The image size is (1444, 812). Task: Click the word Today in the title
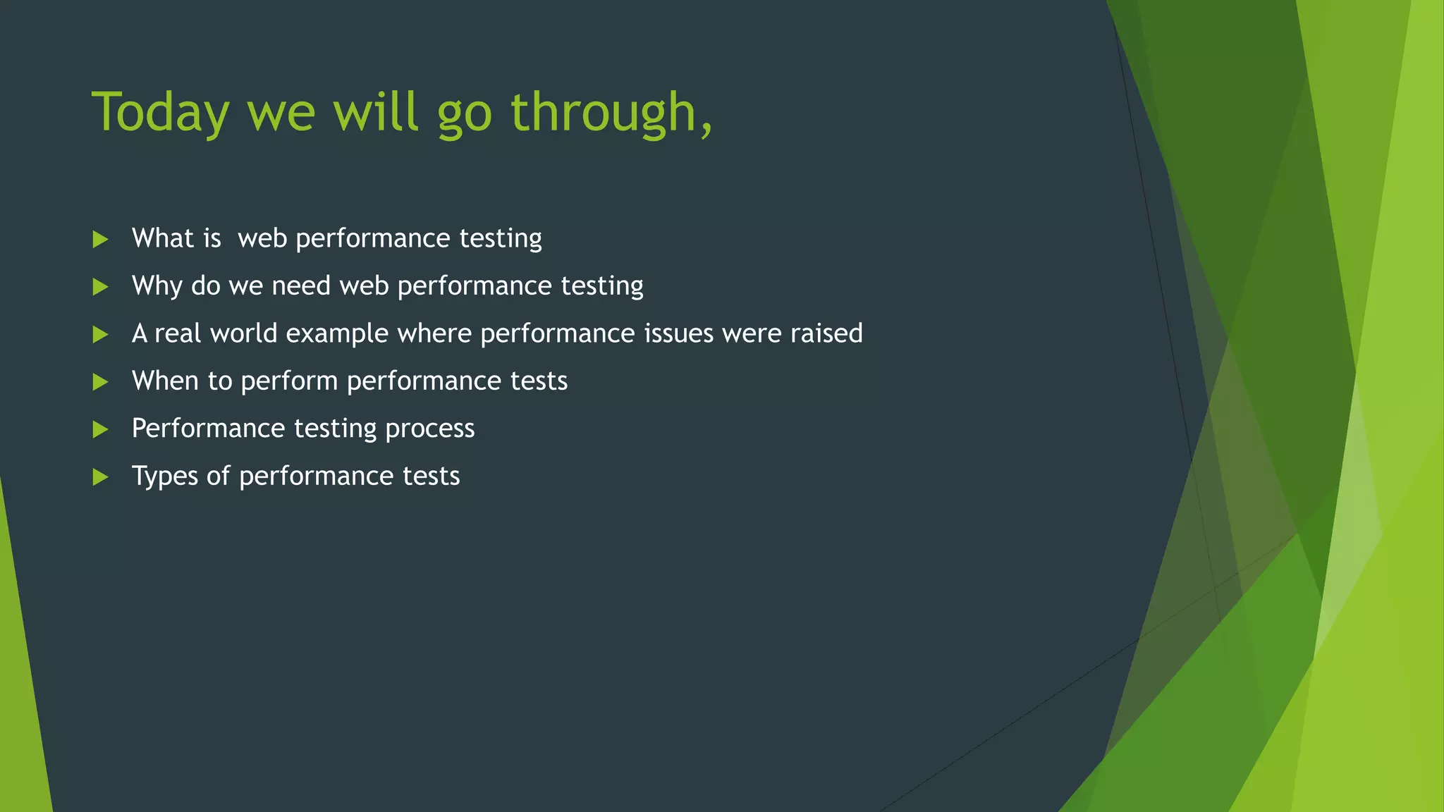pos(161,113)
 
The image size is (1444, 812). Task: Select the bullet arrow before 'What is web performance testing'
pos(100,240)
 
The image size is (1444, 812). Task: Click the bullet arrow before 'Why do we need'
pos(100,287)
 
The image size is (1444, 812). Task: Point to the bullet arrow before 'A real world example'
pos(100,334)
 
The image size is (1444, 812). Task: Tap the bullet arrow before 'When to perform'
pos(100,382)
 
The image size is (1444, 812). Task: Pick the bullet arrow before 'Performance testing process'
pos(100,429)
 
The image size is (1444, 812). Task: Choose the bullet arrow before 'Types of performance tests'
pos(100,477)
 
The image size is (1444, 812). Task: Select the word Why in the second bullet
pos(157,286)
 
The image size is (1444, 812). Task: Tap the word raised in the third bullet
pos(826,333)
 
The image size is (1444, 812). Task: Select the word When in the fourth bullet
pos(165,381)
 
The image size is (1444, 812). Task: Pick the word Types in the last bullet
pos(165,476)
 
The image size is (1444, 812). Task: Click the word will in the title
pos(377,113)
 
